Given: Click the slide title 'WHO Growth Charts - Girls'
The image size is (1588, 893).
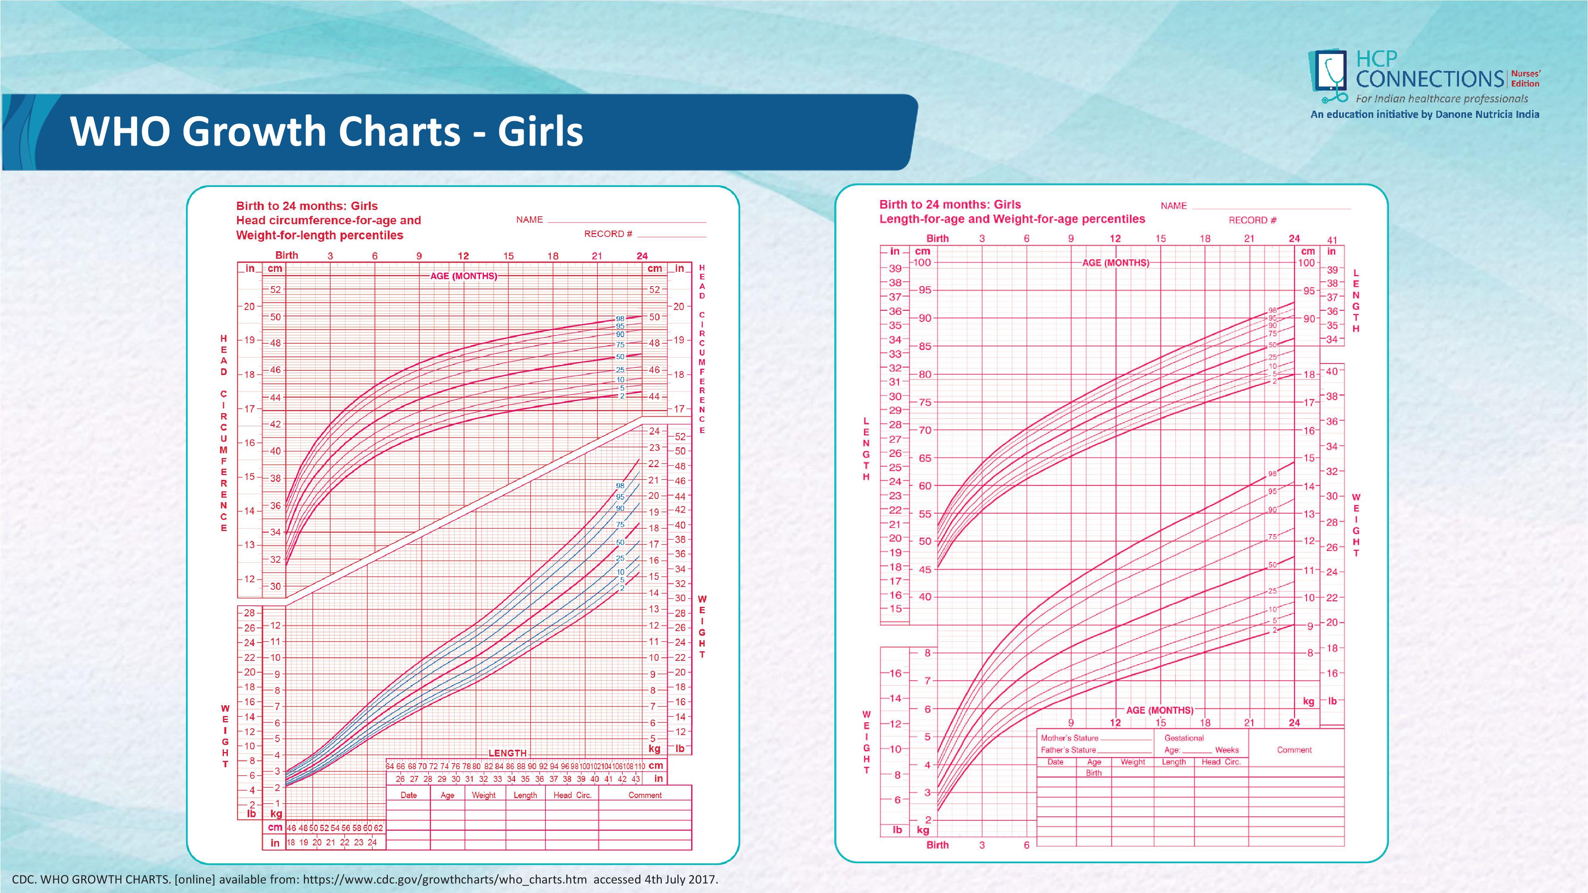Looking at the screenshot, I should pyautogui.click(x=327, y=131).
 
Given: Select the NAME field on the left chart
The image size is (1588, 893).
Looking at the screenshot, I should pyautogui.click(x=626, y=220).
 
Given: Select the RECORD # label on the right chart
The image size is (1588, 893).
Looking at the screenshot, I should pyautogui.click(x=1252, y=220).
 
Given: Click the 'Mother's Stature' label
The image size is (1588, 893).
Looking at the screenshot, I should pyautogui.click(x=1070, y=738).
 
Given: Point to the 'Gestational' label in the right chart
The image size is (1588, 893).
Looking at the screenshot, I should pyautogui.click(x=1183, y=738).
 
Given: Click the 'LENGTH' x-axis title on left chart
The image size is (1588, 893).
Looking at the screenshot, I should pyautogui.click(x=507, y=753).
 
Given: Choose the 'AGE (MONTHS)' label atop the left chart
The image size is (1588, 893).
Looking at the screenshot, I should pyautogui.click(x=464, y=276).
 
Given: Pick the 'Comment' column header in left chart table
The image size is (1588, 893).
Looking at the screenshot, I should pyautogui.click(x=645, y=795).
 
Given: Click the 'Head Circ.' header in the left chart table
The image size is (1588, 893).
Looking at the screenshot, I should pyautogui.click(x=572, y=795).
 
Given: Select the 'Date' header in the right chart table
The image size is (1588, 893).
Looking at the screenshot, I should pyautogui.click(x=1055, y=762).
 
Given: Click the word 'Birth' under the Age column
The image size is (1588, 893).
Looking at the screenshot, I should pyautogui.click(x=1094, y=773).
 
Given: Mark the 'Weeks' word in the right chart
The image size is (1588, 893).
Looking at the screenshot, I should pyautogui.click(x=1227, y=750).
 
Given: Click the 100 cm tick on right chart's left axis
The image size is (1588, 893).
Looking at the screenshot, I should pyautogui.click(x=922, y=262).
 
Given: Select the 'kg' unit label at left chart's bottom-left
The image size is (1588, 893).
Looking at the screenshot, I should pyautogui.click(x=276, y=814).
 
